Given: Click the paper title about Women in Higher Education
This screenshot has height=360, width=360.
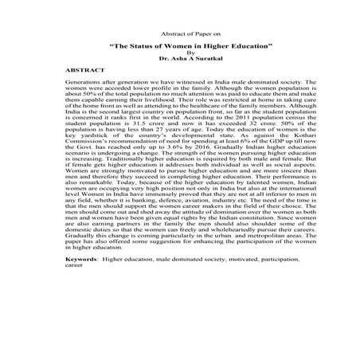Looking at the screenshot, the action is click(179, 48).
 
